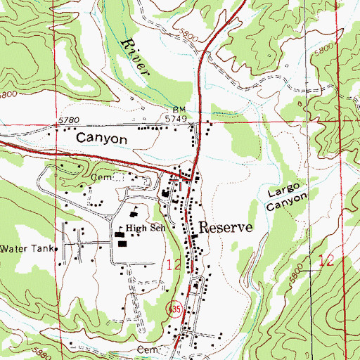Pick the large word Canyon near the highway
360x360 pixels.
(x=101, y=139)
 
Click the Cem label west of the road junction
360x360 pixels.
(x=101, y=179)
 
